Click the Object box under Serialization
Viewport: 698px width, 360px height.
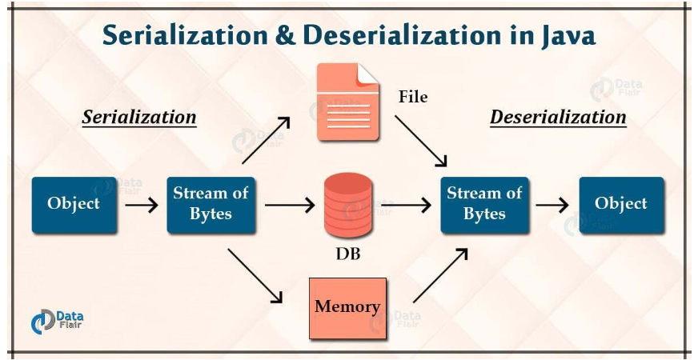pyautogui.click(x=74, y=205)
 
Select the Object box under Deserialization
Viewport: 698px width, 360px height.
pyautogui.click(x=621, y=205)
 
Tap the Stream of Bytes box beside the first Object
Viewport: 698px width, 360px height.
pyautogui.click(x=211, y=205)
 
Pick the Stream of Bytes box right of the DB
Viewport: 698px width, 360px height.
pyautogui.click(x=484, y=205)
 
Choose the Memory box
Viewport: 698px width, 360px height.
pyautogui.click(x=347, y=307)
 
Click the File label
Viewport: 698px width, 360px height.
pyautogui.click(x=413, y=98)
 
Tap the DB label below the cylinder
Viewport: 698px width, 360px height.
pyautogui.click(x=347, y=256)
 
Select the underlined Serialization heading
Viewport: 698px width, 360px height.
pyautogui.click(x=139, y=118)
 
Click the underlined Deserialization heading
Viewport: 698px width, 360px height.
pyautogui.click(x=558, y=118)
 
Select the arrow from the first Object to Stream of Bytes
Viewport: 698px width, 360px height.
pyautogui.click(x=142, y=206)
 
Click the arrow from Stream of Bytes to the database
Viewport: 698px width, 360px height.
pyautogui.click(x=289, y=206)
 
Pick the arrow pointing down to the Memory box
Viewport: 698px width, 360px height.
pyautogui.click(x=255, y=276)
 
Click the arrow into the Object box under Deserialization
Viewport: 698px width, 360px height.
pyautogui.click(x=552, y=206)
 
